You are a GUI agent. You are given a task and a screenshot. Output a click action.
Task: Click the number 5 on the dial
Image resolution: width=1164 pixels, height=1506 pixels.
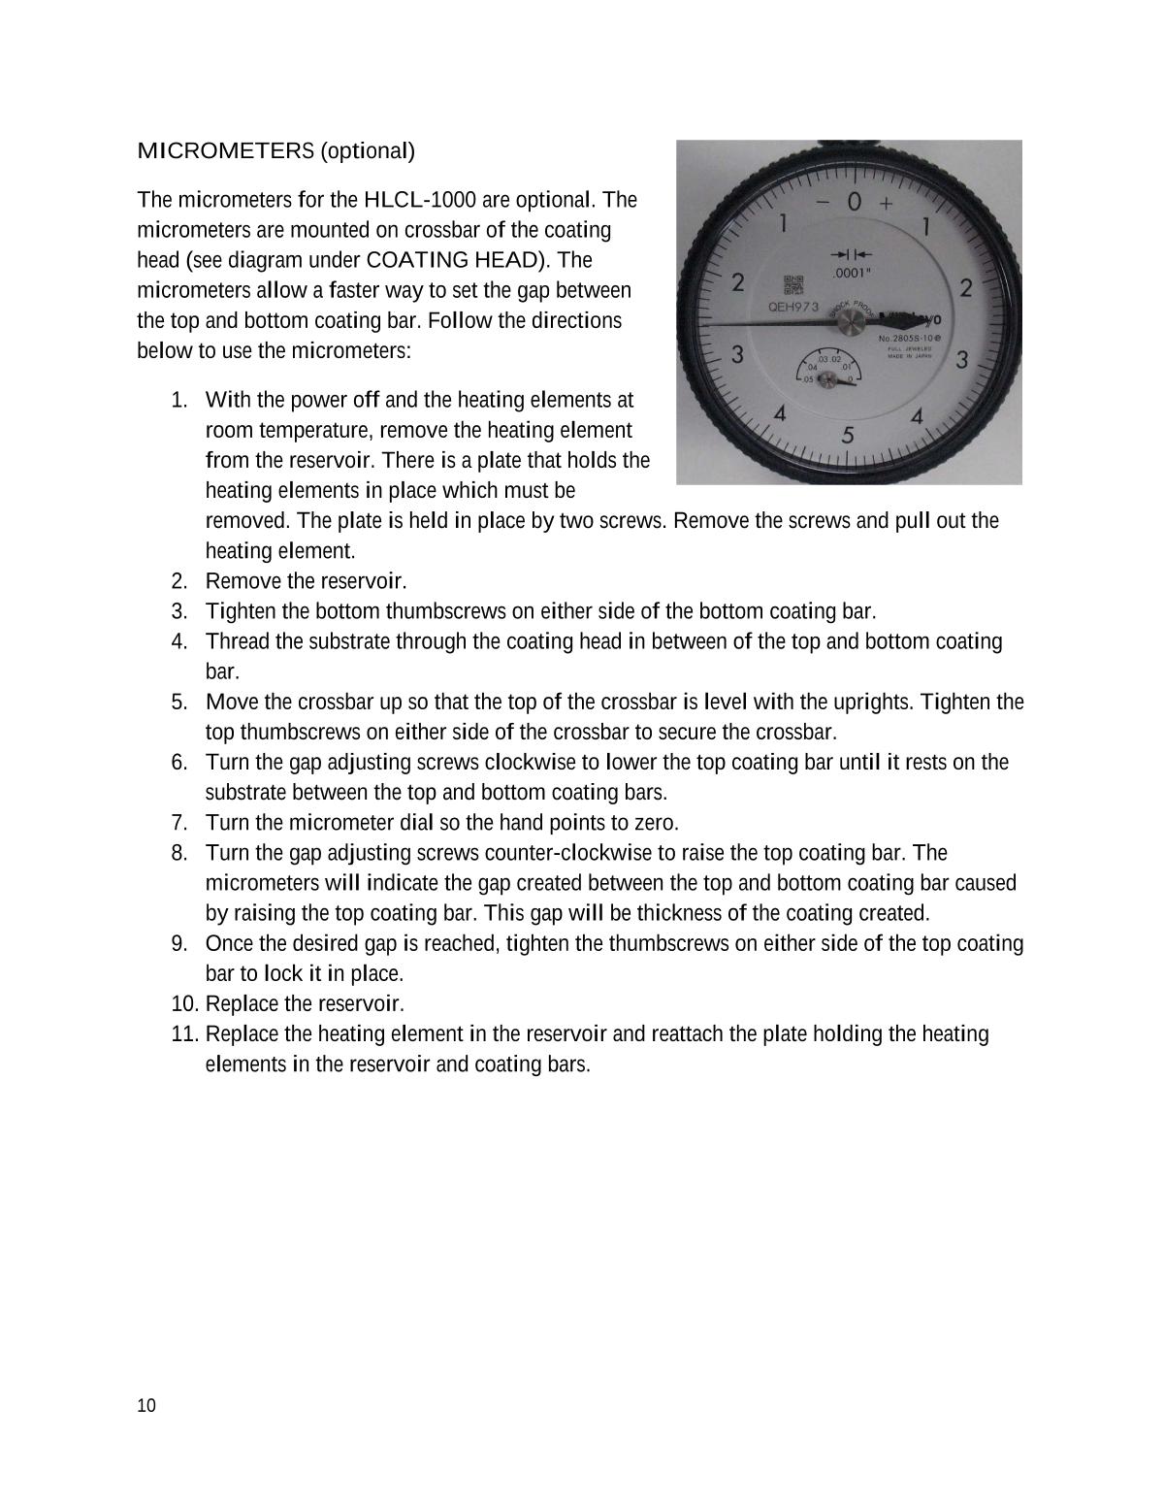(x=848, y=435)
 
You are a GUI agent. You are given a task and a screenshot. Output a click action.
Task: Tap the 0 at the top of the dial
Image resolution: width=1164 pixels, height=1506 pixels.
(x=854, y=202)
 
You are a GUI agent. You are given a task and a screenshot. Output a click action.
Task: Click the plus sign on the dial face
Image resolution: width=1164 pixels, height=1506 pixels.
(x=886, y=203)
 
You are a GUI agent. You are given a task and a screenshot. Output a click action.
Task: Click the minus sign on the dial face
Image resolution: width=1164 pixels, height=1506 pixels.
(x=823, y=203)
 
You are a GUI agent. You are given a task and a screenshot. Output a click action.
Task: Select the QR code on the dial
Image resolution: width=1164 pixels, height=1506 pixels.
(x=793, y=284)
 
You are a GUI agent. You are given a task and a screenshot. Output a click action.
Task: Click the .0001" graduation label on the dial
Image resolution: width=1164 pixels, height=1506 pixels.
(x=851, y=273)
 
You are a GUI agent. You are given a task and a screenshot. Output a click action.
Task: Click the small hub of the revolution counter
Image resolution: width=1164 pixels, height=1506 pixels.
(x=828, y=380)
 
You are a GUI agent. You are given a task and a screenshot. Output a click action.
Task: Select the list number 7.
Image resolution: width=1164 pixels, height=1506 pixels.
(x=178, y=823)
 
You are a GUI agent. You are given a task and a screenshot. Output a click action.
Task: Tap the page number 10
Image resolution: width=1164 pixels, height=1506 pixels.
(x=146, y=1406)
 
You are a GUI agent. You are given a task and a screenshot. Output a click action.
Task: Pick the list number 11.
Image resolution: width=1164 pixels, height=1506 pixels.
(x=185, y=1033)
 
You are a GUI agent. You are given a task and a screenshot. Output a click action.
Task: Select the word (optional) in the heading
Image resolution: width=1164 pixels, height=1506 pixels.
(x=368, y=150)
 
